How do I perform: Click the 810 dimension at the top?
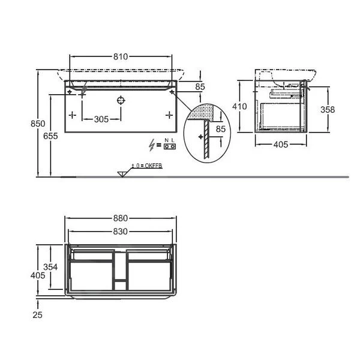point(121,57)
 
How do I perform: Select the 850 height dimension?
point(38,124)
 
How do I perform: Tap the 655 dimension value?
point(50,136)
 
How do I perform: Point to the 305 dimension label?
point(101,119)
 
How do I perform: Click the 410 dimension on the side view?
point(239,106)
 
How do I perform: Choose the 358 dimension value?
point(328,110)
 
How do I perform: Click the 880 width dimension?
point(121,218)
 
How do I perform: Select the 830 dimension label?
point(121,232)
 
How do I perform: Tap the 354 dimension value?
point(50,267)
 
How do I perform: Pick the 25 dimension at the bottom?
point(37,315)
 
